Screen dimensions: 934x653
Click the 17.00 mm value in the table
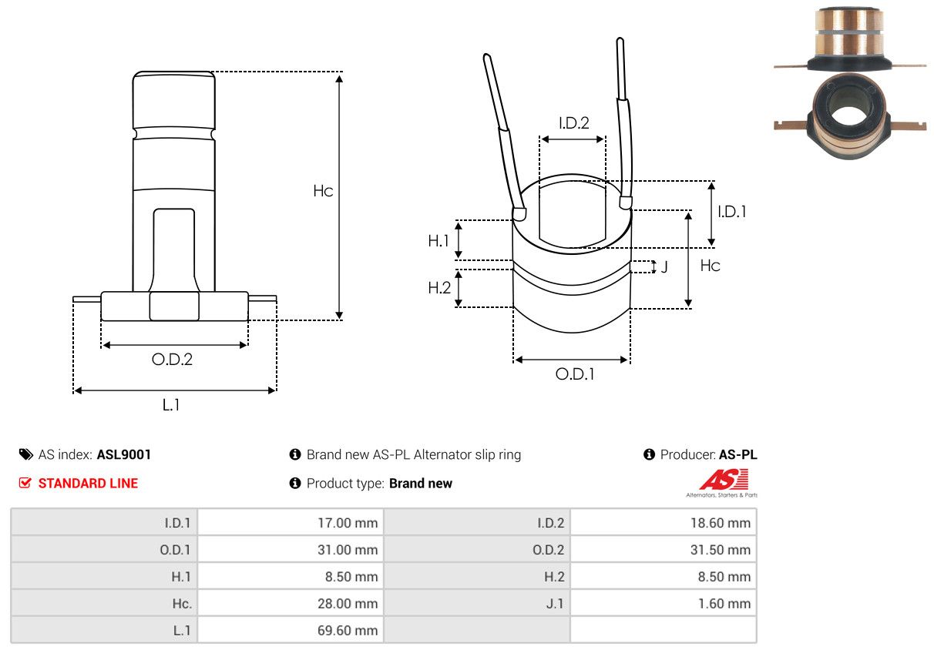348,523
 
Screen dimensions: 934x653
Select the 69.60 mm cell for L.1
348,631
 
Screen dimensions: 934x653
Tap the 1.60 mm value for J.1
724,604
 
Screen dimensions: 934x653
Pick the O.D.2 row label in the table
549,550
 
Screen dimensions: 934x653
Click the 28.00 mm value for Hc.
348,604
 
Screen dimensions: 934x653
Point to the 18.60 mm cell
721,523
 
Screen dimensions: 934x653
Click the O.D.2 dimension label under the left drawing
172,359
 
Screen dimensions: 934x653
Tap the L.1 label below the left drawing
171,404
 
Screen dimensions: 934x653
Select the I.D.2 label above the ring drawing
574,123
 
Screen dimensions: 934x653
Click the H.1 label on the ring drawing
438,241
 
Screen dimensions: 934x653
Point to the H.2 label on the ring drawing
439,288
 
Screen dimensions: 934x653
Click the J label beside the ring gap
664,266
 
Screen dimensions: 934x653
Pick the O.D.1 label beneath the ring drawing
575,374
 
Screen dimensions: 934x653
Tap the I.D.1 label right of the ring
732,212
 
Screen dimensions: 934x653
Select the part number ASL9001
124,454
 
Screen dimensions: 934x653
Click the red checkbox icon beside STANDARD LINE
25,483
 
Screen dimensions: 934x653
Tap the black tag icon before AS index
26,454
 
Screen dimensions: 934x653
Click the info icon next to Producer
649,454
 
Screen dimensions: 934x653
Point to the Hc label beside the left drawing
323,191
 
